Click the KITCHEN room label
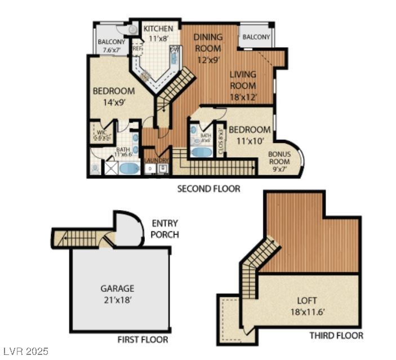pos(158,33)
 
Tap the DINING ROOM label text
pos(208,48)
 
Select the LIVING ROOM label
pos(243,85)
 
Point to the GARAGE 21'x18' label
pos(117,294)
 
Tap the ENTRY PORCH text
pos(165,229)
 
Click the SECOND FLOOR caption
pos(208,189)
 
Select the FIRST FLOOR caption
pos(143,339)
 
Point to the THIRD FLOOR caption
pos(336,335)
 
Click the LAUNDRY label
pos(157,161)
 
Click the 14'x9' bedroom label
pos(114,97)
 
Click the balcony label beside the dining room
pos(256,37)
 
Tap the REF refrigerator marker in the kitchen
pos(136,49)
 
